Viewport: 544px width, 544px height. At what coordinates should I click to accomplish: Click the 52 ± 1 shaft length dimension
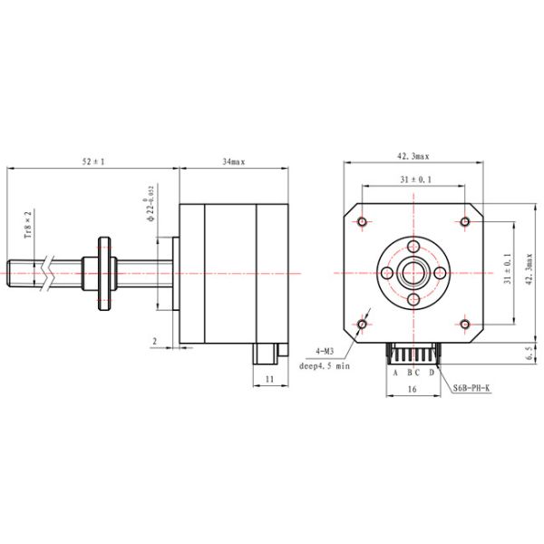pyautogui.click(x=93, y=161)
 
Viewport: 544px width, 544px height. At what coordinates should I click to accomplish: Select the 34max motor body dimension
pyautogui.click(x=234, y=161)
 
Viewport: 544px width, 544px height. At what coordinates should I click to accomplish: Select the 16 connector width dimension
pyautogui.click(x=413, y=389)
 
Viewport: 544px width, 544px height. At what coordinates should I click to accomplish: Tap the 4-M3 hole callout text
pyautogui.click(x=324, y=350)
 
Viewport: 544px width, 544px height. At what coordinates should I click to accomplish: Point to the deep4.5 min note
pyautogui.click(x=324, y=367)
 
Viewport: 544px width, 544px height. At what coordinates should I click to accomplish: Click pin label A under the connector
pyautogui.click(x=394, y=372)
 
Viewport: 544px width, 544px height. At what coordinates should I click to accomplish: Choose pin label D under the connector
pyautogui.click(x=432, y=372)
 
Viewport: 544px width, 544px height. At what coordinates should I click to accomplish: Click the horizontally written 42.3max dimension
pyautogui.click(x=413, y=156)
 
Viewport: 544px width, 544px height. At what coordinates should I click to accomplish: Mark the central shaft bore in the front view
pyautogui.click(x=413, y=272)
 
